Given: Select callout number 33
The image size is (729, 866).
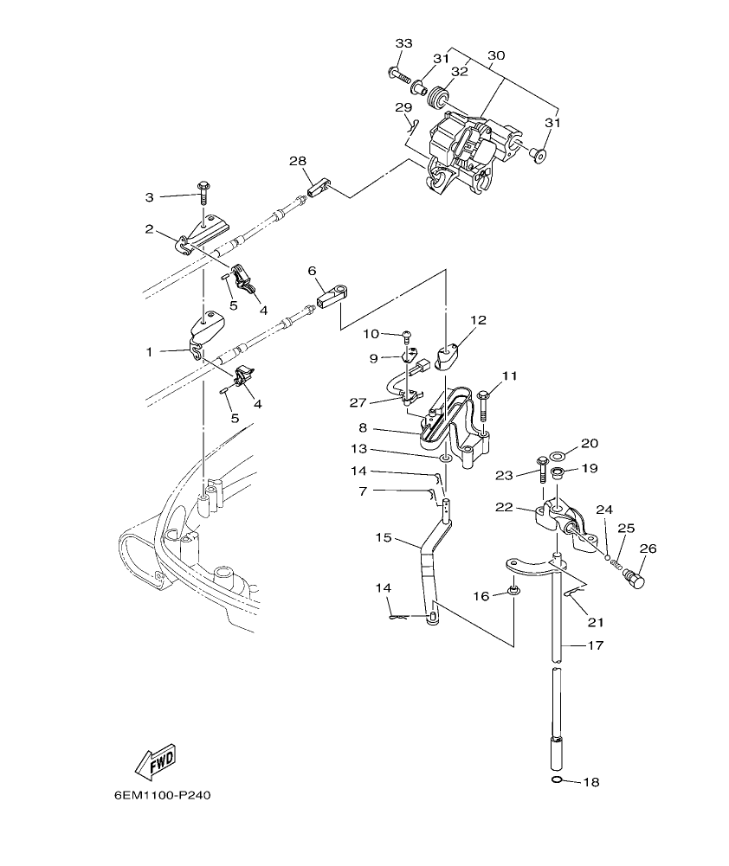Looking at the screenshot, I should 404,43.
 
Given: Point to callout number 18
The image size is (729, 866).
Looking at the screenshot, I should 590,782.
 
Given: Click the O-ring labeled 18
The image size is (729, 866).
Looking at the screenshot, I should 558,781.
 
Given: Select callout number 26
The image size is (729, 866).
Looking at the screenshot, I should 648,548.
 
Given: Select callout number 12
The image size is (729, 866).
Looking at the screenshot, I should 479,319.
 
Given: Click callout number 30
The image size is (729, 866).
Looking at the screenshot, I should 495,55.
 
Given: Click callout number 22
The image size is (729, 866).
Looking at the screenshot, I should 505,507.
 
